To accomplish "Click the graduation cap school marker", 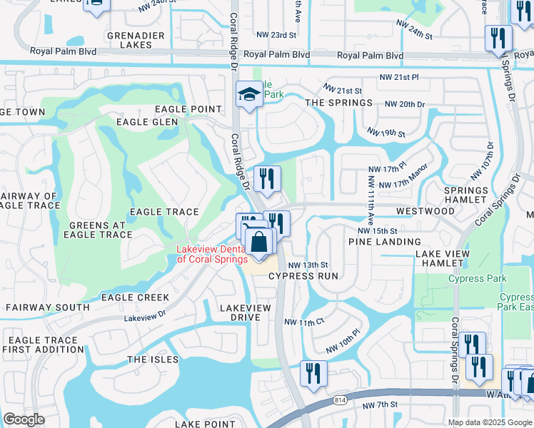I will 248,96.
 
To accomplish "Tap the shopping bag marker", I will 261,241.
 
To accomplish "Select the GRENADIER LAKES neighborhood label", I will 136,40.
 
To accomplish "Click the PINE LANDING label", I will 385,242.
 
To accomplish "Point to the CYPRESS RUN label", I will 303,276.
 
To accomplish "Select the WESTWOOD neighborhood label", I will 425,211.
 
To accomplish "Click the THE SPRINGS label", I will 339,103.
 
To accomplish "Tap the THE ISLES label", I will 153,360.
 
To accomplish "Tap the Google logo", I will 24,419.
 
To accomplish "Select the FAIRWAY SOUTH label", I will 48,307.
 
